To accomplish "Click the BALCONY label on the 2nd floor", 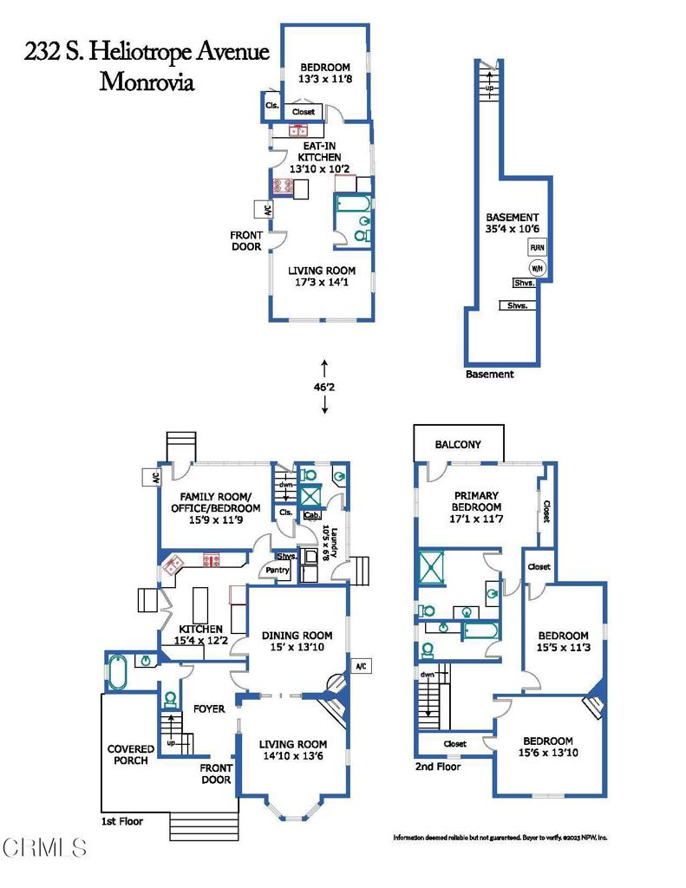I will [458, 444].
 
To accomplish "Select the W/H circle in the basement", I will [537, 267].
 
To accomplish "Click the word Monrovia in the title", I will [147, 82].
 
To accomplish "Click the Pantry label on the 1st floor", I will [278, 571].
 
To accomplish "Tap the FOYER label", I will [209, 708].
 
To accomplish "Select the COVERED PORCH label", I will [131, 754].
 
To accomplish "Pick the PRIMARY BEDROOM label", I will [477, 500].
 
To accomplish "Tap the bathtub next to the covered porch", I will [119, 672].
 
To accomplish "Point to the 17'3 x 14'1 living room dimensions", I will [322, 284].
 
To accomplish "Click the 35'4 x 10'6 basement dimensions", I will [511, 231].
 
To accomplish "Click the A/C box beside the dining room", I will [361, 665].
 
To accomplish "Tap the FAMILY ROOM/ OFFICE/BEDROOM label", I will [220, 501].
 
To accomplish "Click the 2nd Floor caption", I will [438, 767].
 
